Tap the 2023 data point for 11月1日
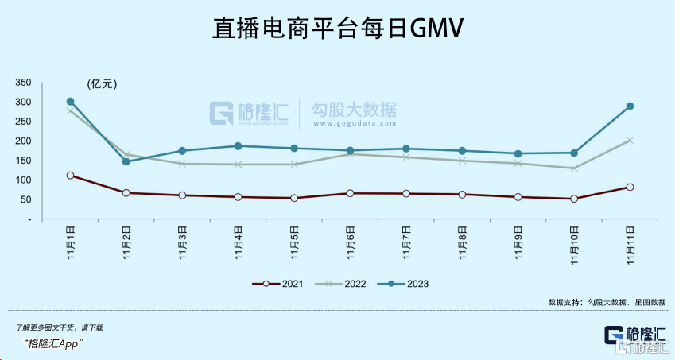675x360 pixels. click(x=70, y=102)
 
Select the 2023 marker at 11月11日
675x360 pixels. click(x=630, y=106)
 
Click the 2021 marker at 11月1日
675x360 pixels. click(x=70, y=175)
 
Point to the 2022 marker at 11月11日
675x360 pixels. click(x=630, y=140)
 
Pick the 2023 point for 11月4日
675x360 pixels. click(x=238, y=146)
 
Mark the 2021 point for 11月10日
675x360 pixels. click(x=573, y=199)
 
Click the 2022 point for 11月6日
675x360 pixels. click(x=350, y=154)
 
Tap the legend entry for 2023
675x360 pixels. click(x=403, y=284)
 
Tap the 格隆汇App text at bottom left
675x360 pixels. click(x=56, y=343)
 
